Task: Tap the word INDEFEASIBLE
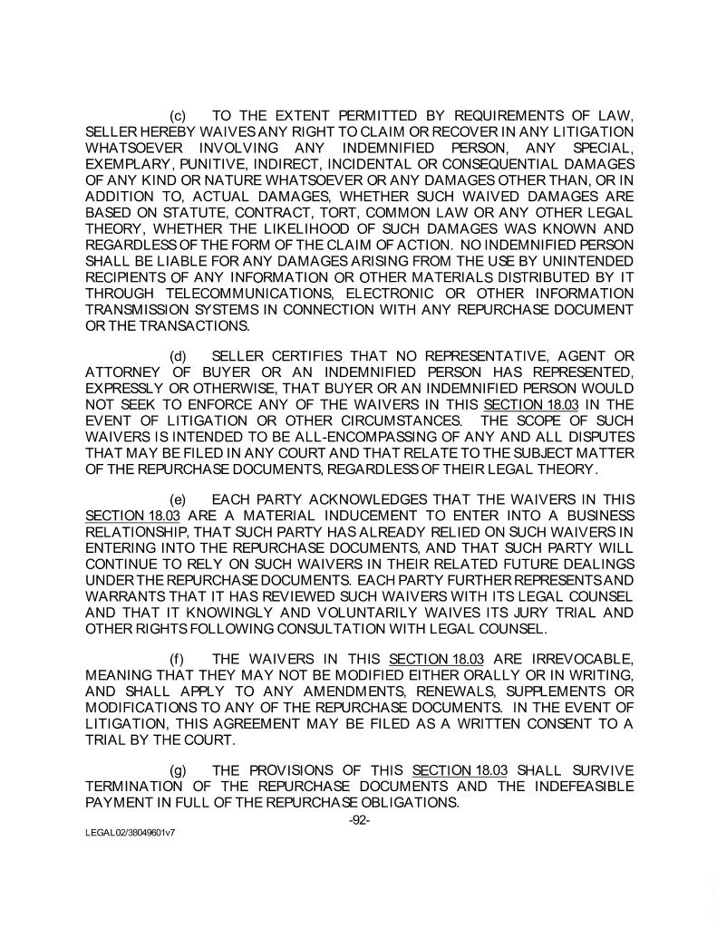583,786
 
